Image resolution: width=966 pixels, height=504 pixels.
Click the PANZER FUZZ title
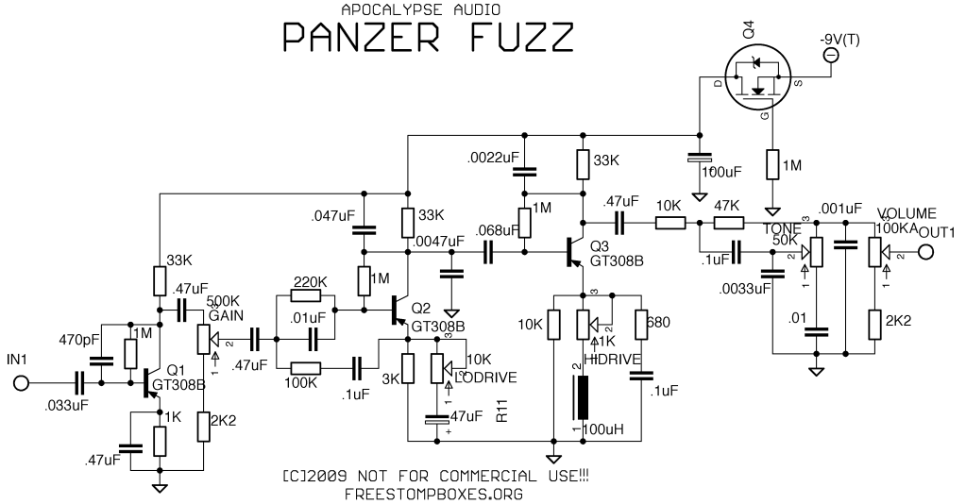pos(427,37)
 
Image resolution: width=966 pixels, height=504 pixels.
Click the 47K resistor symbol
pos(728,223)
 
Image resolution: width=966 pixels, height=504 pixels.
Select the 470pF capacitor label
pos(78,338)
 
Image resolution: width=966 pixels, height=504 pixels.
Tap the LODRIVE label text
pos(484,378)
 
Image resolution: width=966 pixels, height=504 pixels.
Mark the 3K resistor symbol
pos(408,368)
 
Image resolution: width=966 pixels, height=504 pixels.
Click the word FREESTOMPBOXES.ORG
pos(435,493)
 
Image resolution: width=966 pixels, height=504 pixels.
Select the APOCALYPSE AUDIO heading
pos(421,9)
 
